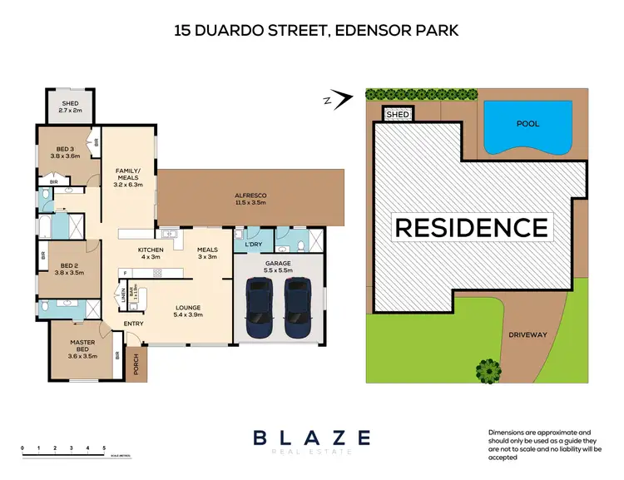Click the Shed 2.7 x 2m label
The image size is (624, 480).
(70, 106)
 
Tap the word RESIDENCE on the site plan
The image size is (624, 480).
(471, 227)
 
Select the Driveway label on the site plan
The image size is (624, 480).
(528, 334)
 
